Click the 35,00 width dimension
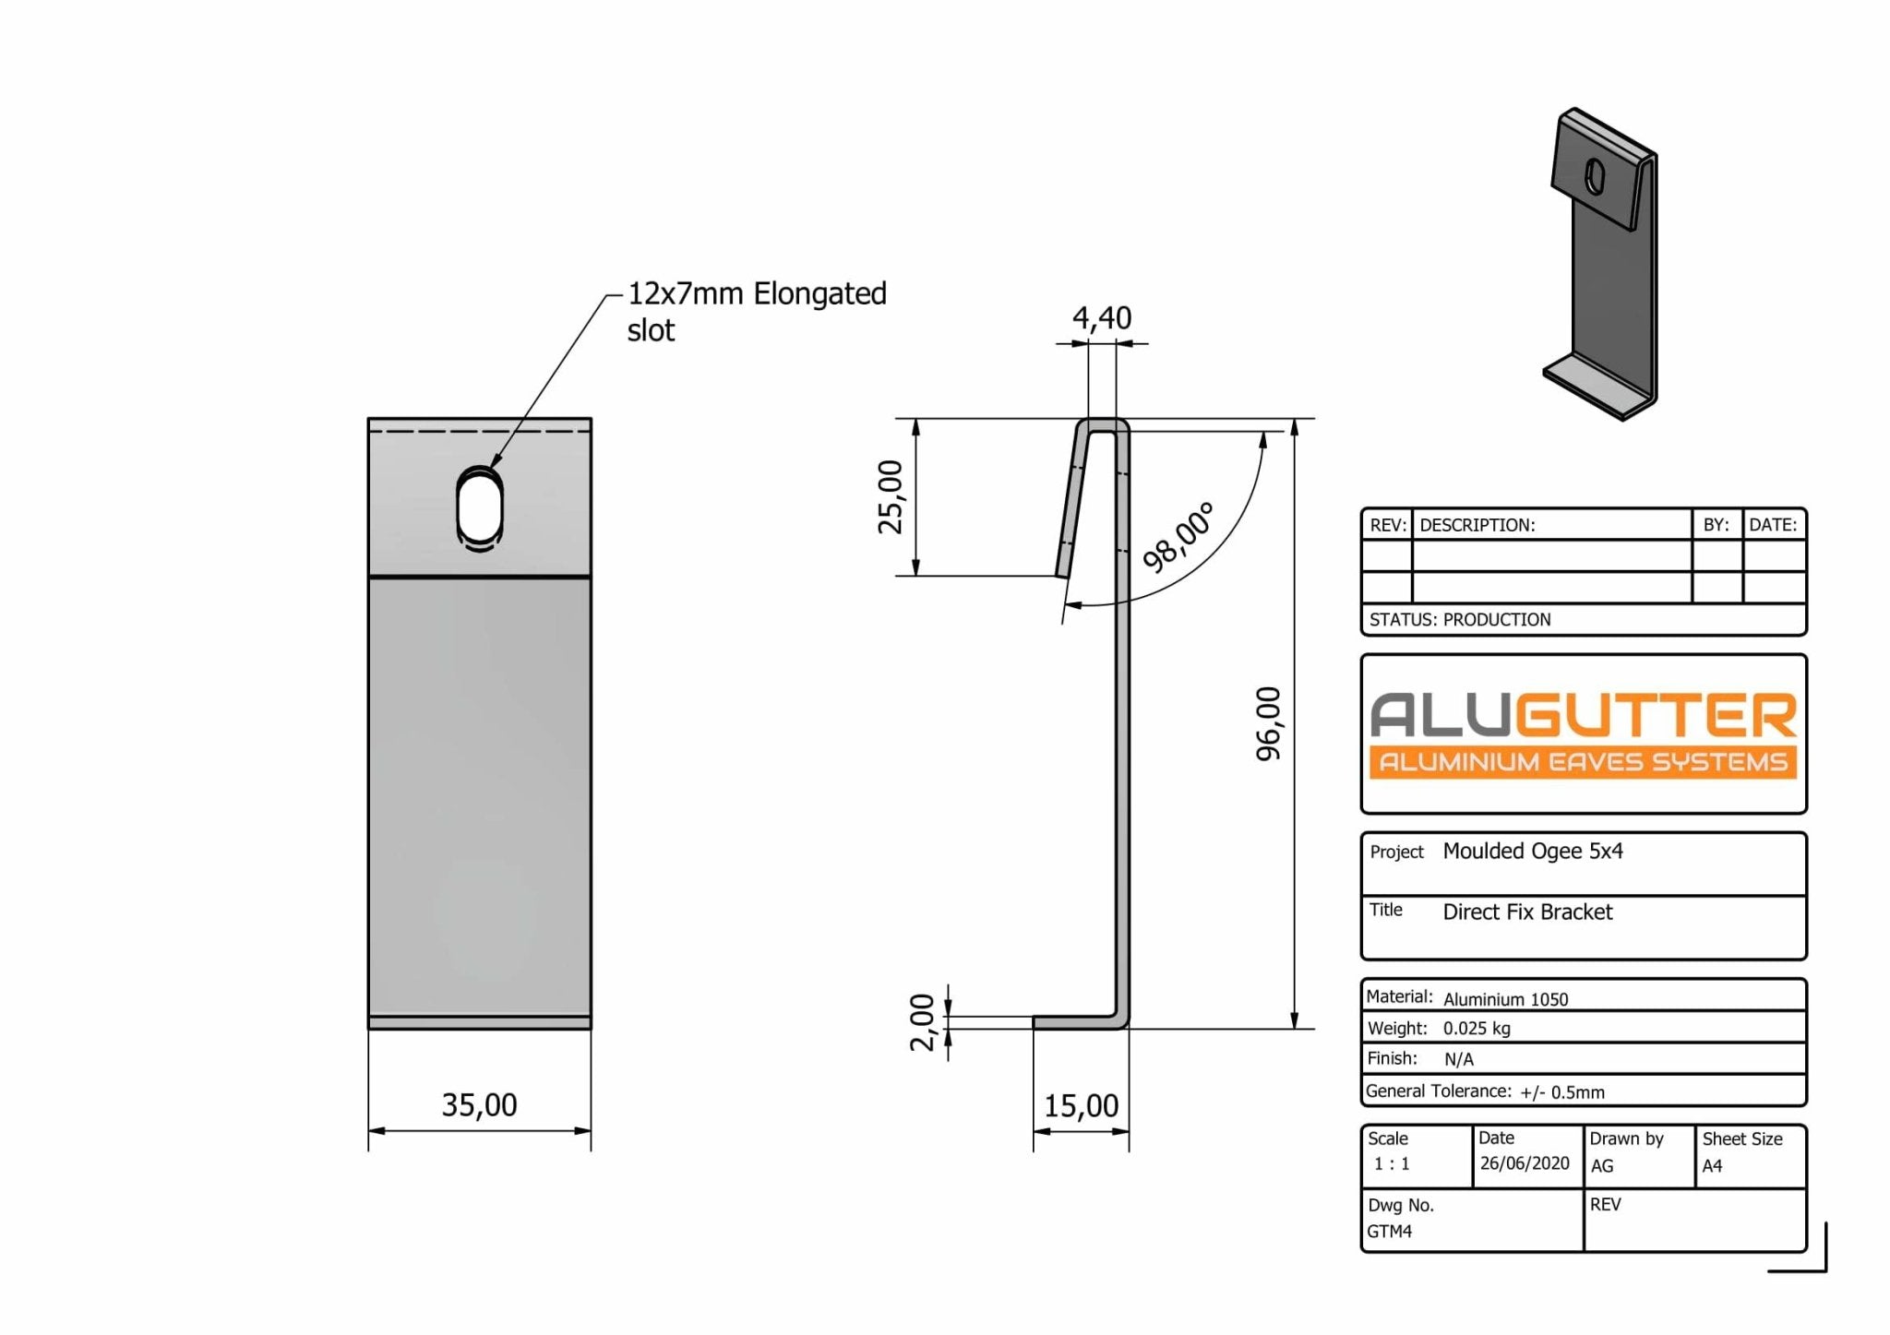pos(479,1104)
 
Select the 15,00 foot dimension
pos(1081,1105)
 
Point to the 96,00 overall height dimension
pos(1269,723)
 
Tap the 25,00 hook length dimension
pos(891,496)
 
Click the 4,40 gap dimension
pos(1101,318)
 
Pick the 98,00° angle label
pos(1178,538)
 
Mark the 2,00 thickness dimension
pos(922,1022)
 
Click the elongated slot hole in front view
pos(480,509)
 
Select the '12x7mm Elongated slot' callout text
pos(756,311)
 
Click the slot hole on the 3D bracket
pos(1595,176)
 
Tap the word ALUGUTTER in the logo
pos(1583,716)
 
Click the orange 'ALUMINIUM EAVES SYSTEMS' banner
pos(1583,762)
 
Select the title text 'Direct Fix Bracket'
pos(1527,912)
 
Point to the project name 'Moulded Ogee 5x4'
pos(1532,851)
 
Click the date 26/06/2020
pos(1524,1163)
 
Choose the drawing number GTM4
pos(1389,1231)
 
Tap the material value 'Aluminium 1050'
pos(1505,999)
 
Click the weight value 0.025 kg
pos(1477,1028)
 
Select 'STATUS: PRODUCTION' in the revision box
pos(1460,620)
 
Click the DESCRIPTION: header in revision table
pos(1477,525)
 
